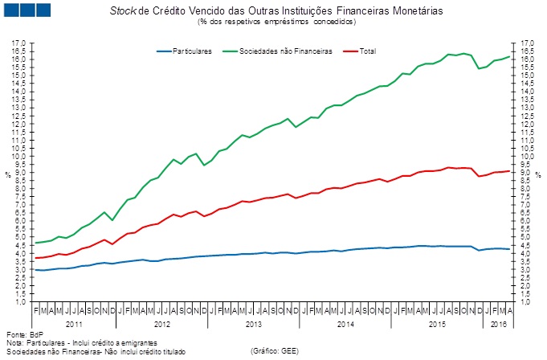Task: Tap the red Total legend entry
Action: [x=369, y=51]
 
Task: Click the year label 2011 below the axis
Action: [x=74, y=323]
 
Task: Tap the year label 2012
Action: [x=162, y=323]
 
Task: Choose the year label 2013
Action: [x=255, y=323]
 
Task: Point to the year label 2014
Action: [x=346, y=323]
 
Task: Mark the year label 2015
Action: [x=439, y=323]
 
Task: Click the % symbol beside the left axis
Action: [x=7, y=174]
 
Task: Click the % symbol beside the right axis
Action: [x=538, y=174]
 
